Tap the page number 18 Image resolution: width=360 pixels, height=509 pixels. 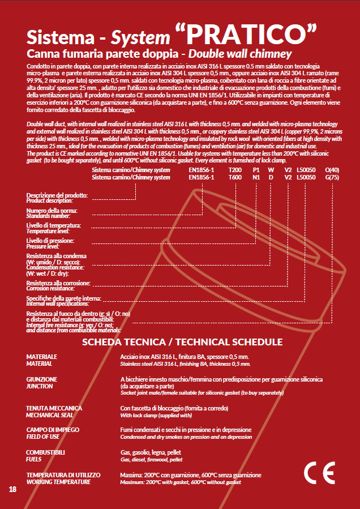point(13,489)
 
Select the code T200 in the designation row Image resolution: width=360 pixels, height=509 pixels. point(234,170)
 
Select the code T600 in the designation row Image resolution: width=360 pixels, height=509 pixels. point(234,177)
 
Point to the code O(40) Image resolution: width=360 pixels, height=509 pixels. point(332,170)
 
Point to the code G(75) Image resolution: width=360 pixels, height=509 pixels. point(332,177)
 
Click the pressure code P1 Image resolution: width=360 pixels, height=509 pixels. point(256,170)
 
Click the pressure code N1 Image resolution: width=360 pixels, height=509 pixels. point(256,177)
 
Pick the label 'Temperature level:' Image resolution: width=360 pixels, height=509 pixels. point(48,232)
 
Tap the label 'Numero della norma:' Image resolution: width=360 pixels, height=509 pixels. point(52,211)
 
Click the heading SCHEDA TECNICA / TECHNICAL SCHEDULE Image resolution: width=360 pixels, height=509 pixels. point(182,343)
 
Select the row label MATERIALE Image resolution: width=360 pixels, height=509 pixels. point(42,357)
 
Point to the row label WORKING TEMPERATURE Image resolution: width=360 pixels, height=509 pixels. point(58,482)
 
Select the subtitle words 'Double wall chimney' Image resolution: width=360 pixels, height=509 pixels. point(240,54)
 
